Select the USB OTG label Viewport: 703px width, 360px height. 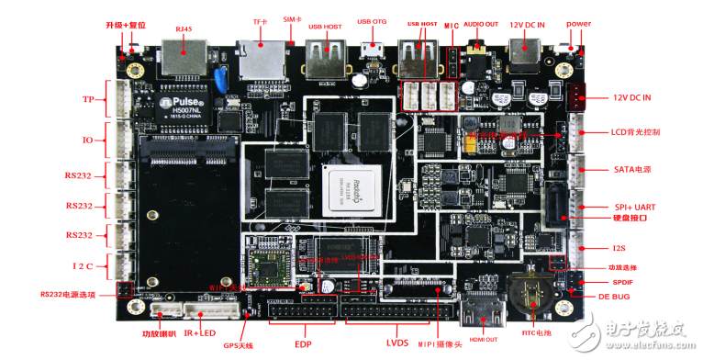coord(373,22)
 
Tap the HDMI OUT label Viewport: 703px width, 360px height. coord(484,340)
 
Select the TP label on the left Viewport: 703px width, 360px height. coord(88,99)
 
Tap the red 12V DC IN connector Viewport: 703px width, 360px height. coord(577,96)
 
